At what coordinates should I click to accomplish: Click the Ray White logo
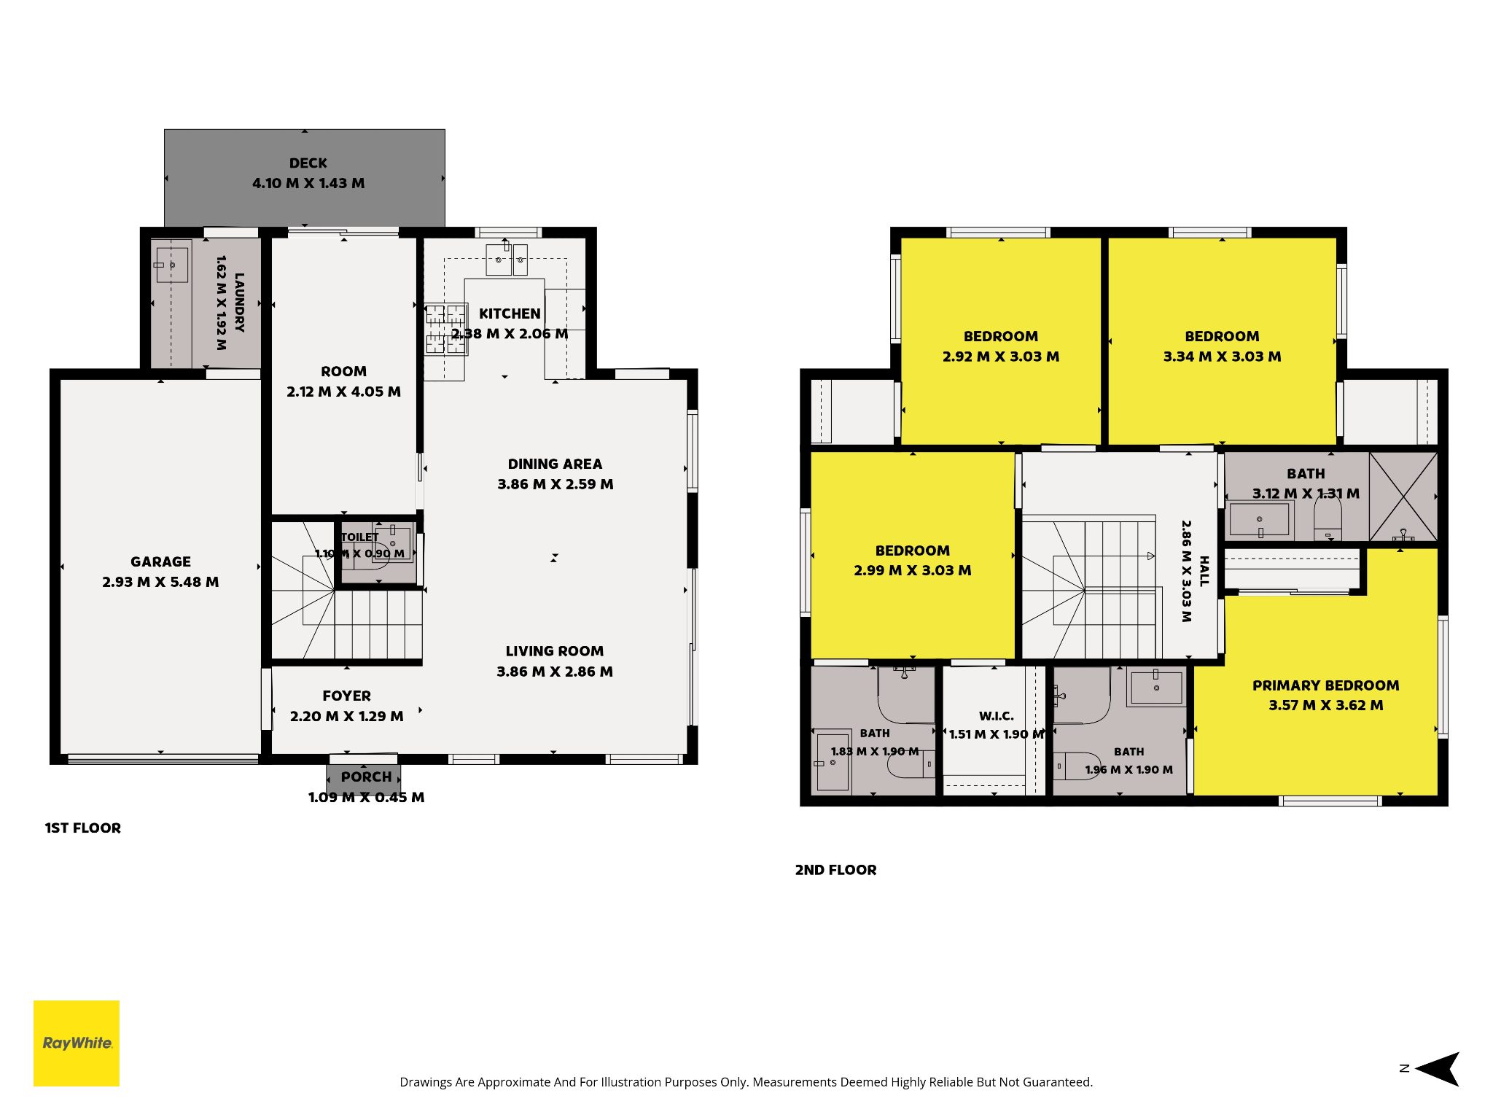pos(77,1043)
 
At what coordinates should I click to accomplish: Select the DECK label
pos(308,163)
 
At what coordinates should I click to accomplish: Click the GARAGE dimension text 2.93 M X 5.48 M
pos(160,582)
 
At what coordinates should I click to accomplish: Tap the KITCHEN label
pos(510,314)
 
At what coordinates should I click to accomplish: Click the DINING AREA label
pos(555,464)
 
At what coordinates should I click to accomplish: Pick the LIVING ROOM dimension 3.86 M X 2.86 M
pos(555,672)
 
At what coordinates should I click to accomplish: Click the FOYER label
pos(346,696)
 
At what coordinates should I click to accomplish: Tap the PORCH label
pos(366,777)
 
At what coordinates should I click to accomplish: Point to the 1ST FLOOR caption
pos(83,828)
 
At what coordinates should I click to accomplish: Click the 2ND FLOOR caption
pos(835,870)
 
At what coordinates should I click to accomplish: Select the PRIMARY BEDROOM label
pos(1325,685)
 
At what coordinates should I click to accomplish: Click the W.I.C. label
pos(996,716)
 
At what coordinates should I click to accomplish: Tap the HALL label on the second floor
pos(1204,571)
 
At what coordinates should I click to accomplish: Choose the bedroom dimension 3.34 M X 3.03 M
pos(1222,357)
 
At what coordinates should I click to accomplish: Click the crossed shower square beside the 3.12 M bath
pos(1403,497)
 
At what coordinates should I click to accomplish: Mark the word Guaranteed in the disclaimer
pos(1057,1082)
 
